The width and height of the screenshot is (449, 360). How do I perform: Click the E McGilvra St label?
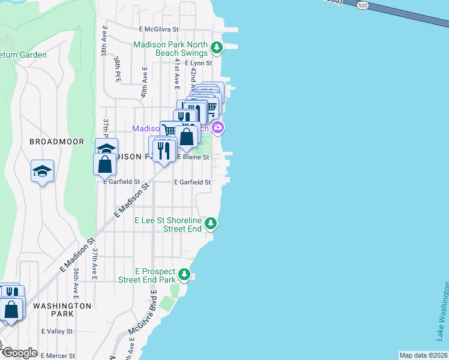tap(159, 29)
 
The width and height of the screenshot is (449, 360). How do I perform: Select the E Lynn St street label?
tap(199, 62)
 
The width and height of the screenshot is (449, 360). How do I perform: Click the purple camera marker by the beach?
tap(218, 127)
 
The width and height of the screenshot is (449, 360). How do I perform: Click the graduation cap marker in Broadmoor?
tap(42, 171)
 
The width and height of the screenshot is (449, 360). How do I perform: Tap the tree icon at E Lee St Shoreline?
tap(210, 224)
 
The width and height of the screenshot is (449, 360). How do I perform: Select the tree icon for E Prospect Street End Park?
tap(185, 275)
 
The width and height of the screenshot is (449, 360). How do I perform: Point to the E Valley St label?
tap(57, 331)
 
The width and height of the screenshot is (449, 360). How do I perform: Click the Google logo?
tap(20, 353)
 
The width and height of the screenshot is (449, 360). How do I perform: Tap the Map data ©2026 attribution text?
tap(423, 355)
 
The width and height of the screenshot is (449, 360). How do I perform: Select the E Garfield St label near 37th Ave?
tap(122, 182)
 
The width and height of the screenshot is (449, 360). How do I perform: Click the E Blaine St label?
tap(193, 157)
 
